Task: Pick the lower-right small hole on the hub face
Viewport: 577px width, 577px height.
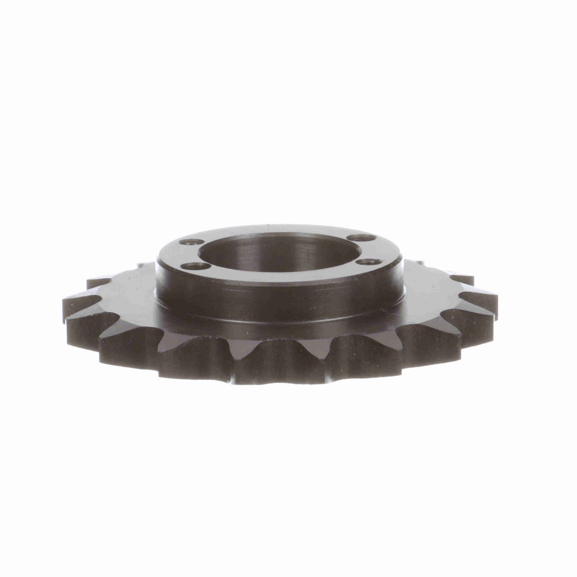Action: tap(368, 262)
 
